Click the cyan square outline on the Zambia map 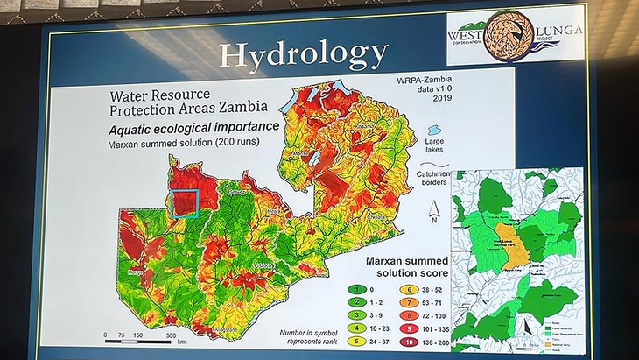185,202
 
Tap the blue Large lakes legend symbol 435,130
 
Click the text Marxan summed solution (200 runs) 172,142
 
